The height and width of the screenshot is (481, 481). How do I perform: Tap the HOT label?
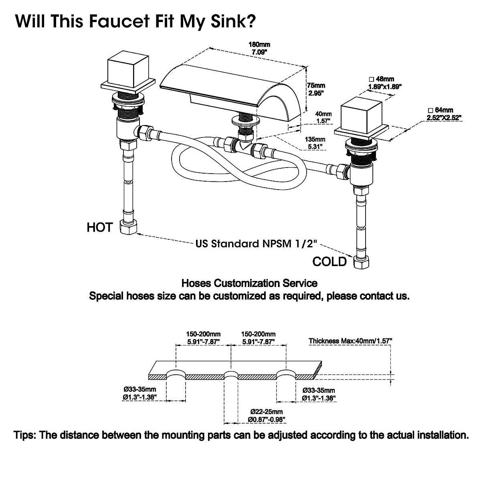(x=99, y=228)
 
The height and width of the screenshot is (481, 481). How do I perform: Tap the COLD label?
(x=329, y=262)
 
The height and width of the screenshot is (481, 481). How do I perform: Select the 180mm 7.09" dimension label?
(x=259, y=49)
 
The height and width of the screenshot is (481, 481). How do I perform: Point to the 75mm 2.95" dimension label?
(x=316, y=89)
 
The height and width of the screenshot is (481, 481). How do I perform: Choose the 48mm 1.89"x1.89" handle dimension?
(x=385, y=83)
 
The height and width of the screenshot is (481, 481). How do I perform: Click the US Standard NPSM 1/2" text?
(x=257, y=244)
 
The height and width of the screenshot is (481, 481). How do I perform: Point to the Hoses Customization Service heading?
(x=249, y=283)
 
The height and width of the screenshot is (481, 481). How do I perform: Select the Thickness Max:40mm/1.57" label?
(x=350, y=341)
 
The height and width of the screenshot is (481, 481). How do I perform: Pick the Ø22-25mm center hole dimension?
(x=267, y=416)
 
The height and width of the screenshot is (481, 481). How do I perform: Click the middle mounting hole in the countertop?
(x=231, y=377)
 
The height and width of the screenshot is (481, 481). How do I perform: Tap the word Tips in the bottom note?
(x=26, y=435)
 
